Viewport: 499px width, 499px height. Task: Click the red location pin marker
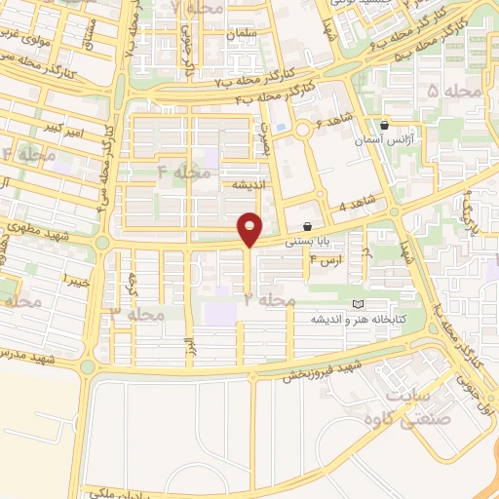tap(250, 228)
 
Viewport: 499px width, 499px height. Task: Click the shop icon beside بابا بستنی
tap(308, 226)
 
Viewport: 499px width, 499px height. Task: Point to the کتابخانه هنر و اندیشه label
tap(357, 319)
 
